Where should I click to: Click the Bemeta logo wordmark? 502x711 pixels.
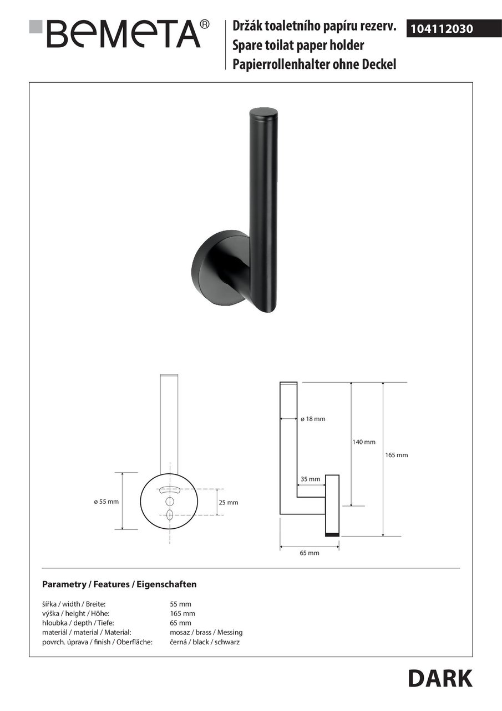[124, 34]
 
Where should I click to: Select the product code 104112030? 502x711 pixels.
[442, 29]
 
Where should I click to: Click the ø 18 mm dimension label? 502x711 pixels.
[313, 419]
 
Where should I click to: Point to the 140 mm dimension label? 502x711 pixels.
[364, 442]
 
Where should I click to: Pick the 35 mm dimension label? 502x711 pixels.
[310, 479]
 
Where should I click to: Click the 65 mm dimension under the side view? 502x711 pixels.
[310, 553]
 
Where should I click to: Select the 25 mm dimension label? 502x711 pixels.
[228, 503]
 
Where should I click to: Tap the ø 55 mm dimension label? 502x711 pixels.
[106, 502]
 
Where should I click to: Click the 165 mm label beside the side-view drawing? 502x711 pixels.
[397, 455]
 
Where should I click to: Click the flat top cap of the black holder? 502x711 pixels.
[263, 113]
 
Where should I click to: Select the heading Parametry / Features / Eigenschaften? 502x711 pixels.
[119, 584]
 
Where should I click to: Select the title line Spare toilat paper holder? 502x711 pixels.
[298, 46]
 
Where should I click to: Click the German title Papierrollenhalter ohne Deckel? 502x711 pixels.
[315, 64]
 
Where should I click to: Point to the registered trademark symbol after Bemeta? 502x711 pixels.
[205, 24]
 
